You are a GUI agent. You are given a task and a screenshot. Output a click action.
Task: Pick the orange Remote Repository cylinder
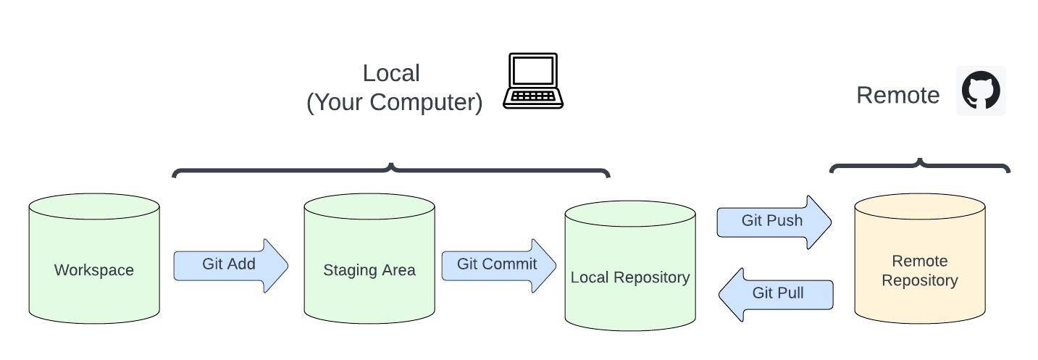[x=920, y=261]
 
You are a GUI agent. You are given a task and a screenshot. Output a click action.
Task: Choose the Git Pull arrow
[x=777, y=294]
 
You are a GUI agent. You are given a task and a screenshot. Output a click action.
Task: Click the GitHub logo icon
[x=981, y=91]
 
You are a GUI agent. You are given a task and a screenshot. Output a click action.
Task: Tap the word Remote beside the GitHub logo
[x=897, y=96]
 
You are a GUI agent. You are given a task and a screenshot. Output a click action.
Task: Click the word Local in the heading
[x=391, y=73]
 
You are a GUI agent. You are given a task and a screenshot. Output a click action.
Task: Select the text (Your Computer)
[x=394, y=102]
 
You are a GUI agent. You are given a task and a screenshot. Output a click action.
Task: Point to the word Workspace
[x=94, y=270]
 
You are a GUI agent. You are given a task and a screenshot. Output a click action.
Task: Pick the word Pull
[x=790, y=293]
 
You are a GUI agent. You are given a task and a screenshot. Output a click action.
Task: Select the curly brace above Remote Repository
[x=920, y=166]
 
